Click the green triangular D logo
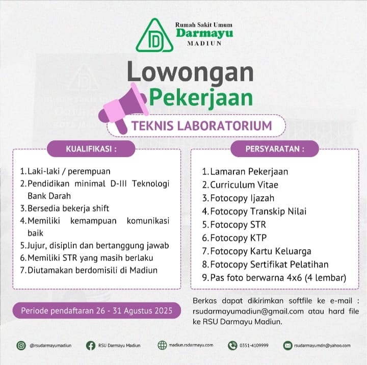pos(154,36)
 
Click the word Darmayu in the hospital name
pos(204,33)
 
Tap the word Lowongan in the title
pos(190,71)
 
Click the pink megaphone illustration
pos(122,108)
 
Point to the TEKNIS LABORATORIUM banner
pos(202,125)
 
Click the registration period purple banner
pos(97,310)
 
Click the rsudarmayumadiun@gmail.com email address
pos(248,311)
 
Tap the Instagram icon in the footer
pos(21,345)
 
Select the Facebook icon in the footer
pos(91,345)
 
